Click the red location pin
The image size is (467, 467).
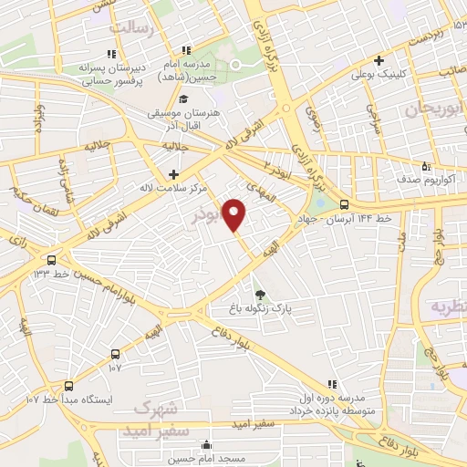pos(234,213)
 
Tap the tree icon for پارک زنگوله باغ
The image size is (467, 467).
pos(262,294)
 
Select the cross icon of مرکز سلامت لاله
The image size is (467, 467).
pos(173,173)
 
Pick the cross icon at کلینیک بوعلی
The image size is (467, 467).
pos(379,60)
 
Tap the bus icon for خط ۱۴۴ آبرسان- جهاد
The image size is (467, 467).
pos(344,204)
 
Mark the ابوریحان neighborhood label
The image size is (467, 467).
pos(400,109)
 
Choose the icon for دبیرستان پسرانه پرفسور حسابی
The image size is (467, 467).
pos(111,53)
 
